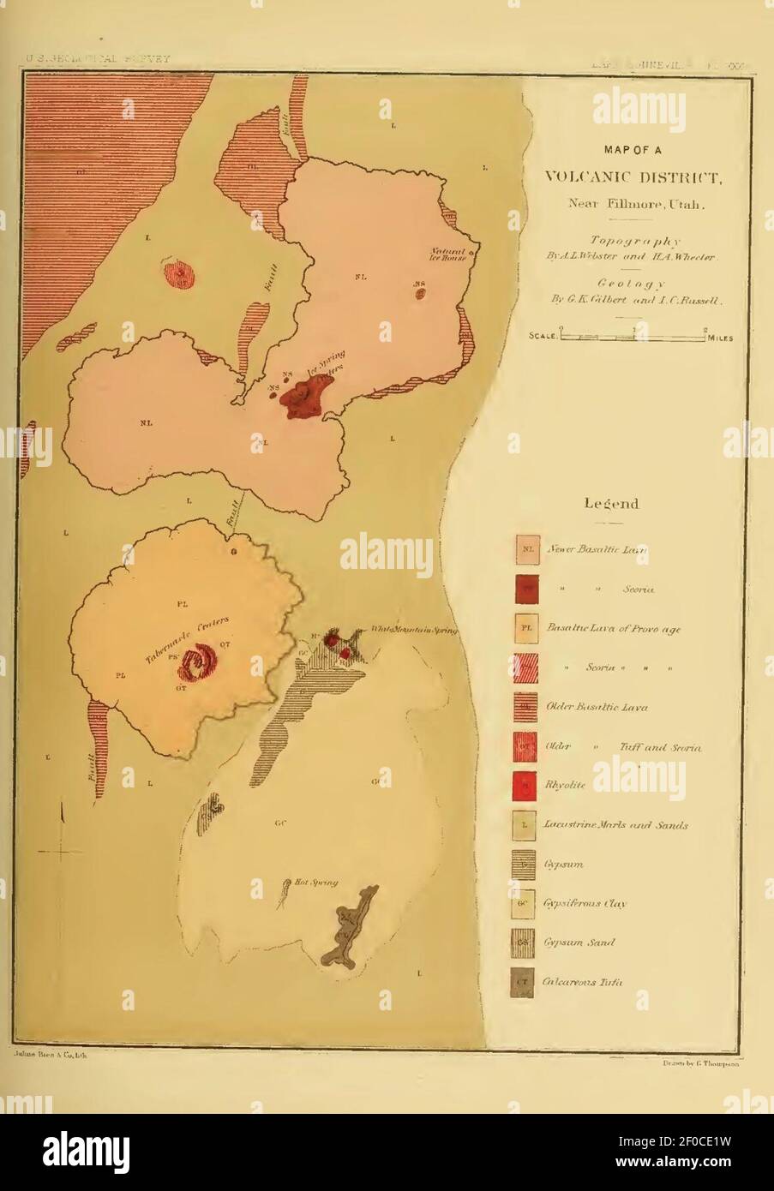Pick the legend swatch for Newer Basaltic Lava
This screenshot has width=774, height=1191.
tap(526, 548)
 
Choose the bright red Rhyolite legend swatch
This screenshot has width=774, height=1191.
tap(526, 783)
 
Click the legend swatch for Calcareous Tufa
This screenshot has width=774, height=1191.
tap(526, 981)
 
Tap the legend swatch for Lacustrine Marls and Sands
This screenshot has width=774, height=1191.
tap(526, 824)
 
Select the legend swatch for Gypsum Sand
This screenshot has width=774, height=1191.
tap(526, 942)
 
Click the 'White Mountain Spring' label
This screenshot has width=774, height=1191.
tap(414, 630)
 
